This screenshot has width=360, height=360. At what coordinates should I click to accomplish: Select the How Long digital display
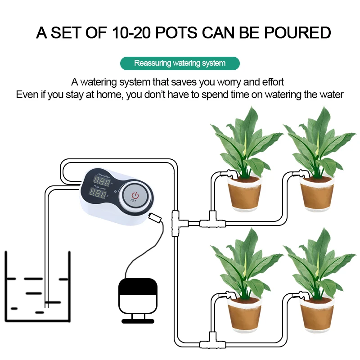98,194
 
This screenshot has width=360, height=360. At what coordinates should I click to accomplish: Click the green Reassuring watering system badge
180,63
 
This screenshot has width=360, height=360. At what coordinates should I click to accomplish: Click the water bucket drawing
38,288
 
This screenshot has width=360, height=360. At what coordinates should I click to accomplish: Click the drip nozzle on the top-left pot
230,173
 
